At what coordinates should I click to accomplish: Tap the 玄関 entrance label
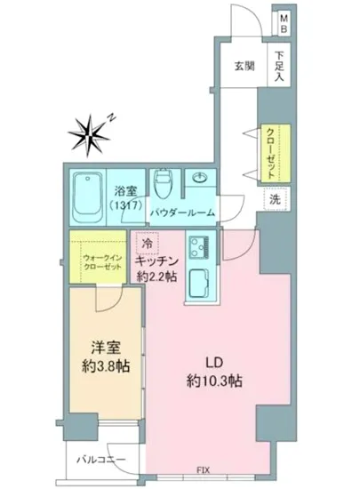click(245, 66)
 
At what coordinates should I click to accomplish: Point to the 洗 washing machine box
click(275, 200)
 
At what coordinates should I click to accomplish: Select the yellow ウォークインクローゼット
click(98, 258)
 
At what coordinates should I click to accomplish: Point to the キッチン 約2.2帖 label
click(157, 269)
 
